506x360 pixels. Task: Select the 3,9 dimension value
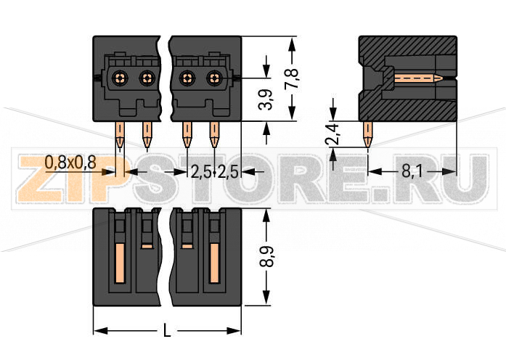266,99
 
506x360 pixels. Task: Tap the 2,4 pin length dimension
332,134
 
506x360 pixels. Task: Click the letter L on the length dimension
168,331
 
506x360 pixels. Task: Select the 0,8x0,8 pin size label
70,163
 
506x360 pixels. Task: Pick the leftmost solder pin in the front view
121,135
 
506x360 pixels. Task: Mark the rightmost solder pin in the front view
214,135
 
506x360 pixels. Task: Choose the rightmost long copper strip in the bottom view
214,263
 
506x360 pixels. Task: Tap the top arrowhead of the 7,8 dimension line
292,42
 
